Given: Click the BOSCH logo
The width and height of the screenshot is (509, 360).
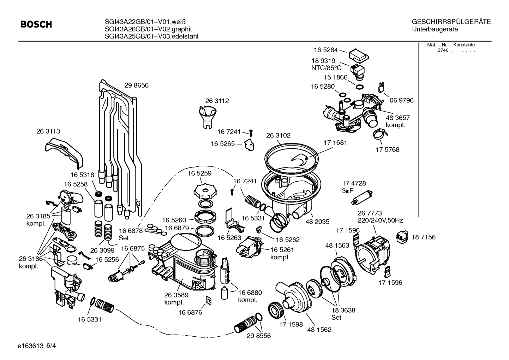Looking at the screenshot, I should tap(36, 24).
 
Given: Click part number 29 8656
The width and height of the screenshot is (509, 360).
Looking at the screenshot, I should tap(136, 85).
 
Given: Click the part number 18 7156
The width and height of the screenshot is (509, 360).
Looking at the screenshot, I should tap(423, 237).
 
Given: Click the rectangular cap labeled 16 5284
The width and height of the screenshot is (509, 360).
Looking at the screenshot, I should tap(359, 55).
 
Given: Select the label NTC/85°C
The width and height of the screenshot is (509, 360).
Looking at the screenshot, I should tap(326, 68).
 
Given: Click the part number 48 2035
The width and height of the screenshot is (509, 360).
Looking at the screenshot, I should tap(317, 222).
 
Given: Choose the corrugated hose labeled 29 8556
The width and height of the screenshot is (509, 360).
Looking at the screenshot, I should tap(246, 324).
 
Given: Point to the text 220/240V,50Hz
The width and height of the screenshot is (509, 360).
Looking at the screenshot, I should tap(380, 220).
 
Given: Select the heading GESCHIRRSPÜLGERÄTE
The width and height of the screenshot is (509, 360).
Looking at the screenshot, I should tap(451, 22).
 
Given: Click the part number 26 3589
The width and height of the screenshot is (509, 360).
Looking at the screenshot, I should tap(176, 295).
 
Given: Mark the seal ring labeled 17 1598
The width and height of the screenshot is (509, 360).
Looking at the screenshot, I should tap(276, 309).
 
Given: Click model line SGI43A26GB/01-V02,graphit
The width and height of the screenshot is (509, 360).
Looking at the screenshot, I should tap(148, 29).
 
